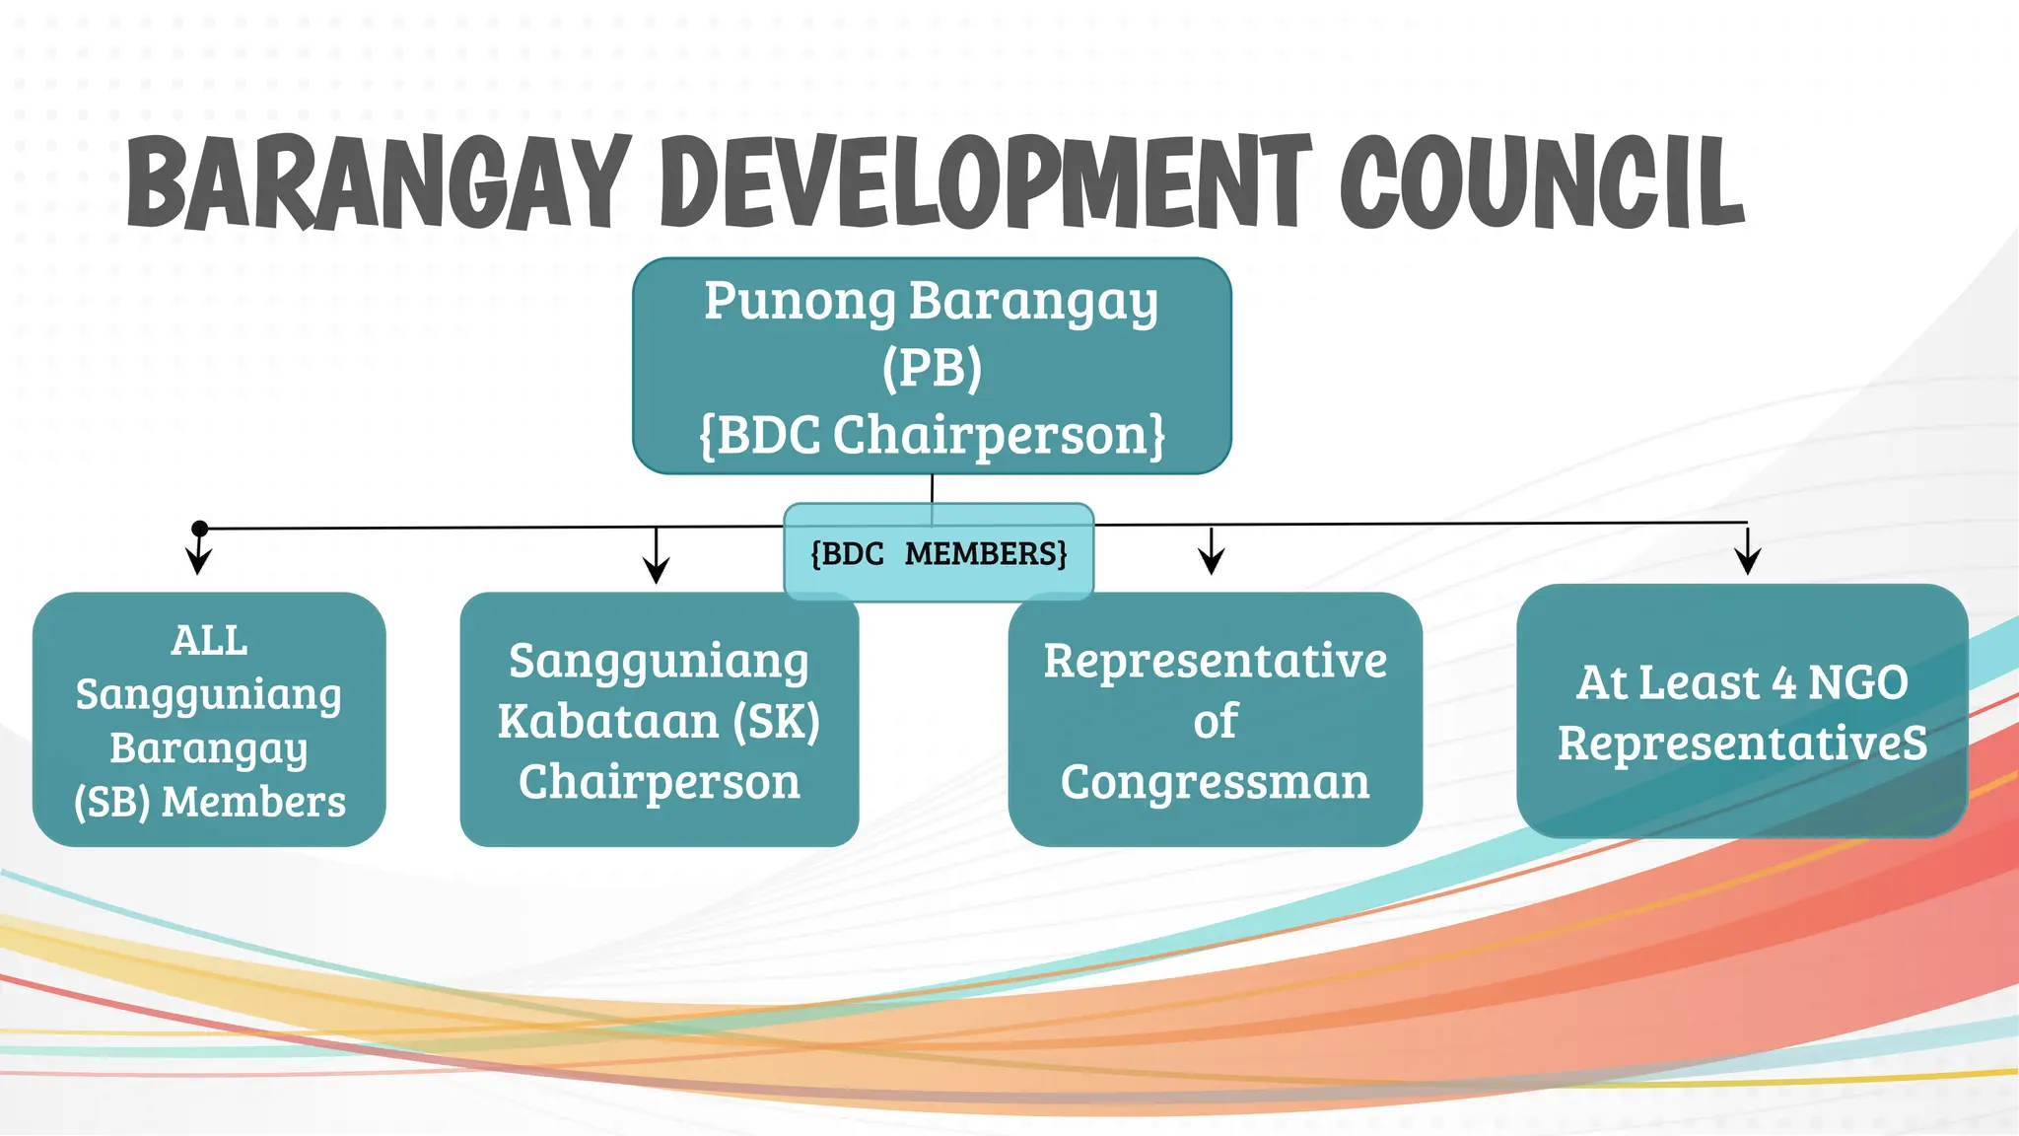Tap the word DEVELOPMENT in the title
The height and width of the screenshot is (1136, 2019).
click(986, 182)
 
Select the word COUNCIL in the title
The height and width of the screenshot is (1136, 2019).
click(1542, 182)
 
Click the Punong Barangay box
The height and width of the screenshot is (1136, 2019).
click(932, 366)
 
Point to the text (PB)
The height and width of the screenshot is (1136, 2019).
click(932, 368)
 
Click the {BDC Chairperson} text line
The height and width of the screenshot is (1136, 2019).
click(932, 435)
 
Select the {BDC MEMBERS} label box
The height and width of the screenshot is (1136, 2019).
click(939, 553)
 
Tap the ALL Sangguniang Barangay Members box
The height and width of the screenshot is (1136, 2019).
click(209, 720)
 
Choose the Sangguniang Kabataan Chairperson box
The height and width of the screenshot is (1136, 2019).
click(659, 720)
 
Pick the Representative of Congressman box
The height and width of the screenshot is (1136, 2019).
click(1215, 720)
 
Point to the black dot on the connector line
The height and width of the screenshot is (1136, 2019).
click(199, 529)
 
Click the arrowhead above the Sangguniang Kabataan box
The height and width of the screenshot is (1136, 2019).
click(656, 570)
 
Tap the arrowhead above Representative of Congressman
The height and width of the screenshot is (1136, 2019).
click(1212, 562)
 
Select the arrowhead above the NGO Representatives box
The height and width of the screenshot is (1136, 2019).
click(1748, 562)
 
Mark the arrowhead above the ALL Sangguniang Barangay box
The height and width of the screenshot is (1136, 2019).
click(199, 563)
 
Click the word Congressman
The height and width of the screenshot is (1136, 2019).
click(1215, 783)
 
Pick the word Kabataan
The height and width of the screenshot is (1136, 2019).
click(607, 721)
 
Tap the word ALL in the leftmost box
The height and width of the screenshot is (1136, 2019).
click(209, 641)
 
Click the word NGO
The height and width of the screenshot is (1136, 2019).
click(1857, 682)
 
